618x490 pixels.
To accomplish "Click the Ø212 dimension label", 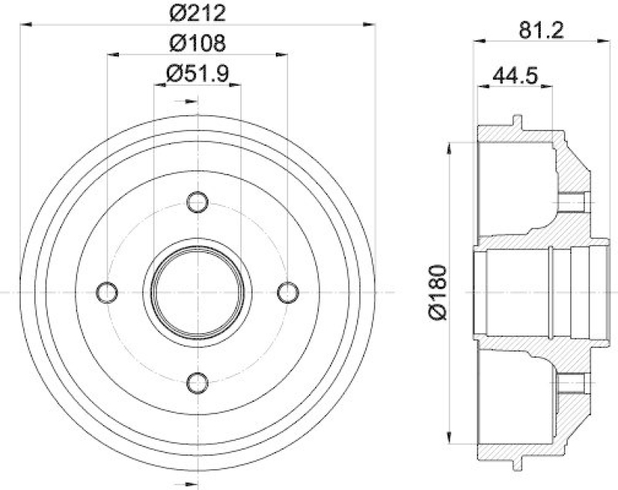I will [x=198, y=12].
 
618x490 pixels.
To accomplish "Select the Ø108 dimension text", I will [x=198, y=42].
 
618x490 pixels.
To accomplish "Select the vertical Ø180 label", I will [x=438, y=292].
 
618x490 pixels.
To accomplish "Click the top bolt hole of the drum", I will [x=198, y=202].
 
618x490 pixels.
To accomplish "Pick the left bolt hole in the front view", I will [x=108, y=292].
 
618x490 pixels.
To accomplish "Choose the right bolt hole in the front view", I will [x=287, y=292].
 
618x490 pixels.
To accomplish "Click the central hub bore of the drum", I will [x=198, y=292].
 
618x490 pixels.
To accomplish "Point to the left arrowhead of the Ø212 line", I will [x=25, y=26].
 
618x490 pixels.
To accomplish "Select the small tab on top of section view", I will [x=517, y=121].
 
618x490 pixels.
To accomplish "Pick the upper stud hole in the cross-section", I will [x=574, y=202].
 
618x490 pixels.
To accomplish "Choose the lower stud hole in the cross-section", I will [x=574, y=383].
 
